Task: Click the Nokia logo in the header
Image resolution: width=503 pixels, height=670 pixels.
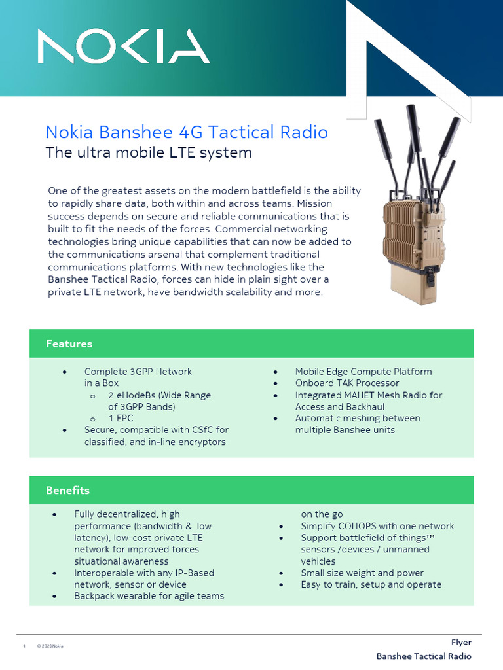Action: (123, 47)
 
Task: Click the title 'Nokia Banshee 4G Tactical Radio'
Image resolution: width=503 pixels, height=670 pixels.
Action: (187, 132)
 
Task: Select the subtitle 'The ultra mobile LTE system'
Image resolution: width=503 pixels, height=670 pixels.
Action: (149, 153)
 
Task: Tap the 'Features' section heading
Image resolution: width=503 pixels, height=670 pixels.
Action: (69, 344)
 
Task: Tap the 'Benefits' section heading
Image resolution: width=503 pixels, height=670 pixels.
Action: (67, 490)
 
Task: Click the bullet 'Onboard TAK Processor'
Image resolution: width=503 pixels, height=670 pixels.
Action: (347, 383)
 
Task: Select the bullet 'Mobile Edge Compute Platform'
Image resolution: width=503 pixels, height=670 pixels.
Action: (363, 371)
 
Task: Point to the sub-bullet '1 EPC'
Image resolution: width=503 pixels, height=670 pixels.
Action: (121, 418)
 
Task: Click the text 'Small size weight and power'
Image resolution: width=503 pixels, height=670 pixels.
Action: (362, 573)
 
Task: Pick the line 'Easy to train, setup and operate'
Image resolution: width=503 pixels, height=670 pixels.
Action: (371, 584)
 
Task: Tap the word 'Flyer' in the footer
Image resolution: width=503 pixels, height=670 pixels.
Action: (461, 643)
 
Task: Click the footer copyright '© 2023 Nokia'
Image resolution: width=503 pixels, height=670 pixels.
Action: (50, 646)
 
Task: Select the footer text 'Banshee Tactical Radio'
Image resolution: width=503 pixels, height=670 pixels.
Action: (424, 656)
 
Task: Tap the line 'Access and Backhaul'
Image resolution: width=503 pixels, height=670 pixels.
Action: (339, 406)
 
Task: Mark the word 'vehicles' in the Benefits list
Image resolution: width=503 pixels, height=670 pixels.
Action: (318, 561)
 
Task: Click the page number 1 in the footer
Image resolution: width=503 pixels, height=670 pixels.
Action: (24, 646)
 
